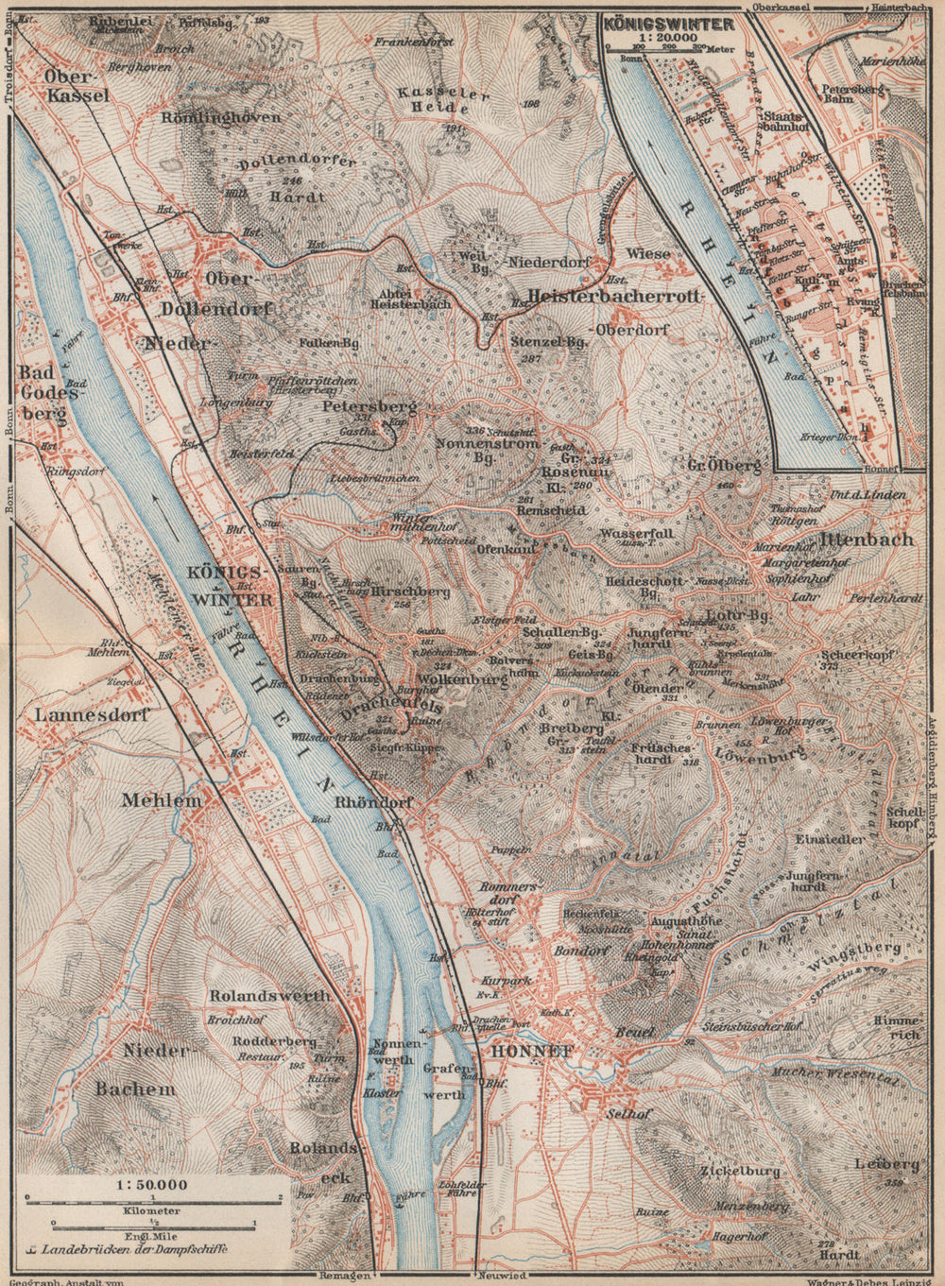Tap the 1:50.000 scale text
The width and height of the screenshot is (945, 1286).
[x=151, y=1184]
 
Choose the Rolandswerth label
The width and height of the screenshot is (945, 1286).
[x=270, y=996]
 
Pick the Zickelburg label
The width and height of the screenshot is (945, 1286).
[x=741, y=1171]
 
